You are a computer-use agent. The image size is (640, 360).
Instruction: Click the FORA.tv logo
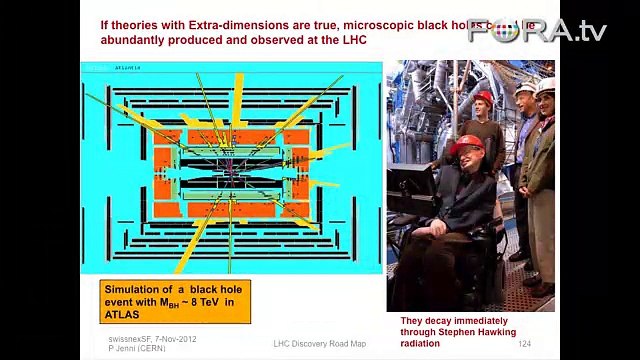(550, 30)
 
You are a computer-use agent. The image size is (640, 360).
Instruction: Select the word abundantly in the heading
(135, 39)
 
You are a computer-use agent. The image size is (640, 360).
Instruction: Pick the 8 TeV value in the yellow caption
(202, 301)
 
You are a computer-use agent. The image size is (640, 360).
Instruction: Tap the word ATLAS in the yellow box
(126, 314)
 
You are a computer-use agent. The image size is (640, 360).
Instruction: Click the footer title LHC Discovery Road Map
(319, 345)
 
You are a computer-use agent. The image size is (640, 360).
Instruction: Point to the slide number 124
(524, 345)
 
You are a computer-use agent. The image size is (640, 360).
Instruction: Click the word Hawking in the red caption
(513, 335)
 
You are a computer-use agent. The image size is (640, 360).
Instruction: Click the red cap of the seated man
(466, 145)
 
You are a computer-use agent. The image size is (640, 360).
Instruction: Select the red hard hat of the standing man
(484, 97)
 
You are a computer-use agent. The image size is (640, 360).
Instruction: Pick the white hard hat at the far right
(545, 86)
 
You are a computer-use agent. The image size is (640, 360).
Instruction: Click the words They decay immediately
(441, 322)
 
